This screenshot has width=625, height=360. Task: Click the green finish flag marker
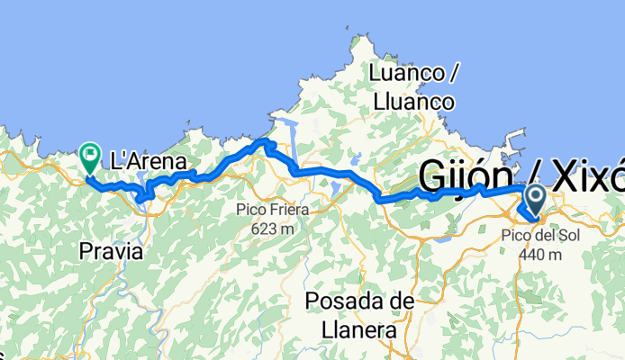click(90, 157)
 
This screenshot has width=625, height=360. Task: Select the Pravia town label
click(110, 253)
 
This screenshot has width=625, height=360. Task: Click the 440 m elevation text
click(541, 254)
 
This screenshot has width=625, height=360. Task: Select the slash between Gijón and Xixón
click(528, 175)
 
